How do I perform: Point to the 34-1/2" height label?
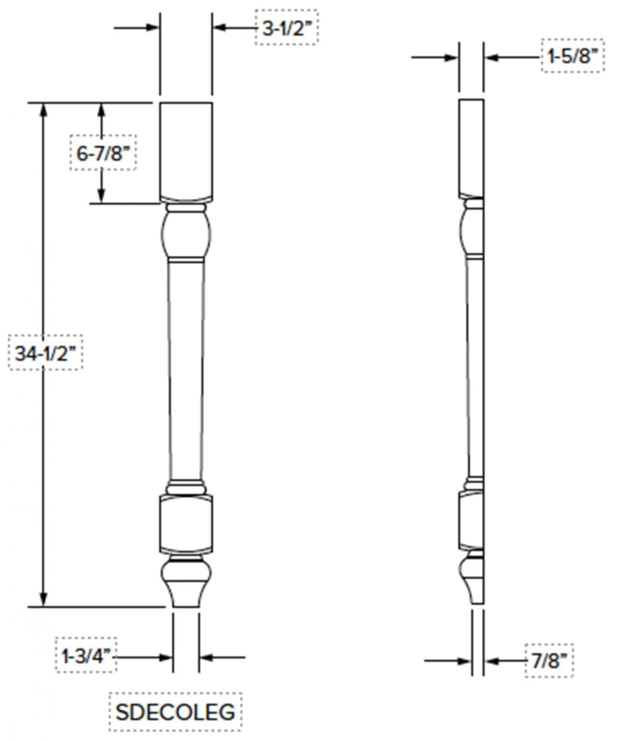[45, 353]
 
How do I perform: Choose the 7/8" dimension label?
[549, 660]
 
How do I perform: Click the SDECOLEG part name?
[175, 711]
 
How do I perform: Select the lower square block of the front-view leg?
[186, 523]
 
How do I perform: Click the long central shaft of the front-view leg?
[186, 370]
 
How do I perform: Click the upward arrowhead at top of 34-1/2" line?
[44, 109]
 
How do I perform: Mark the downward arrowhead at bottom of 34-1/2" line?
[44, 599]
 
